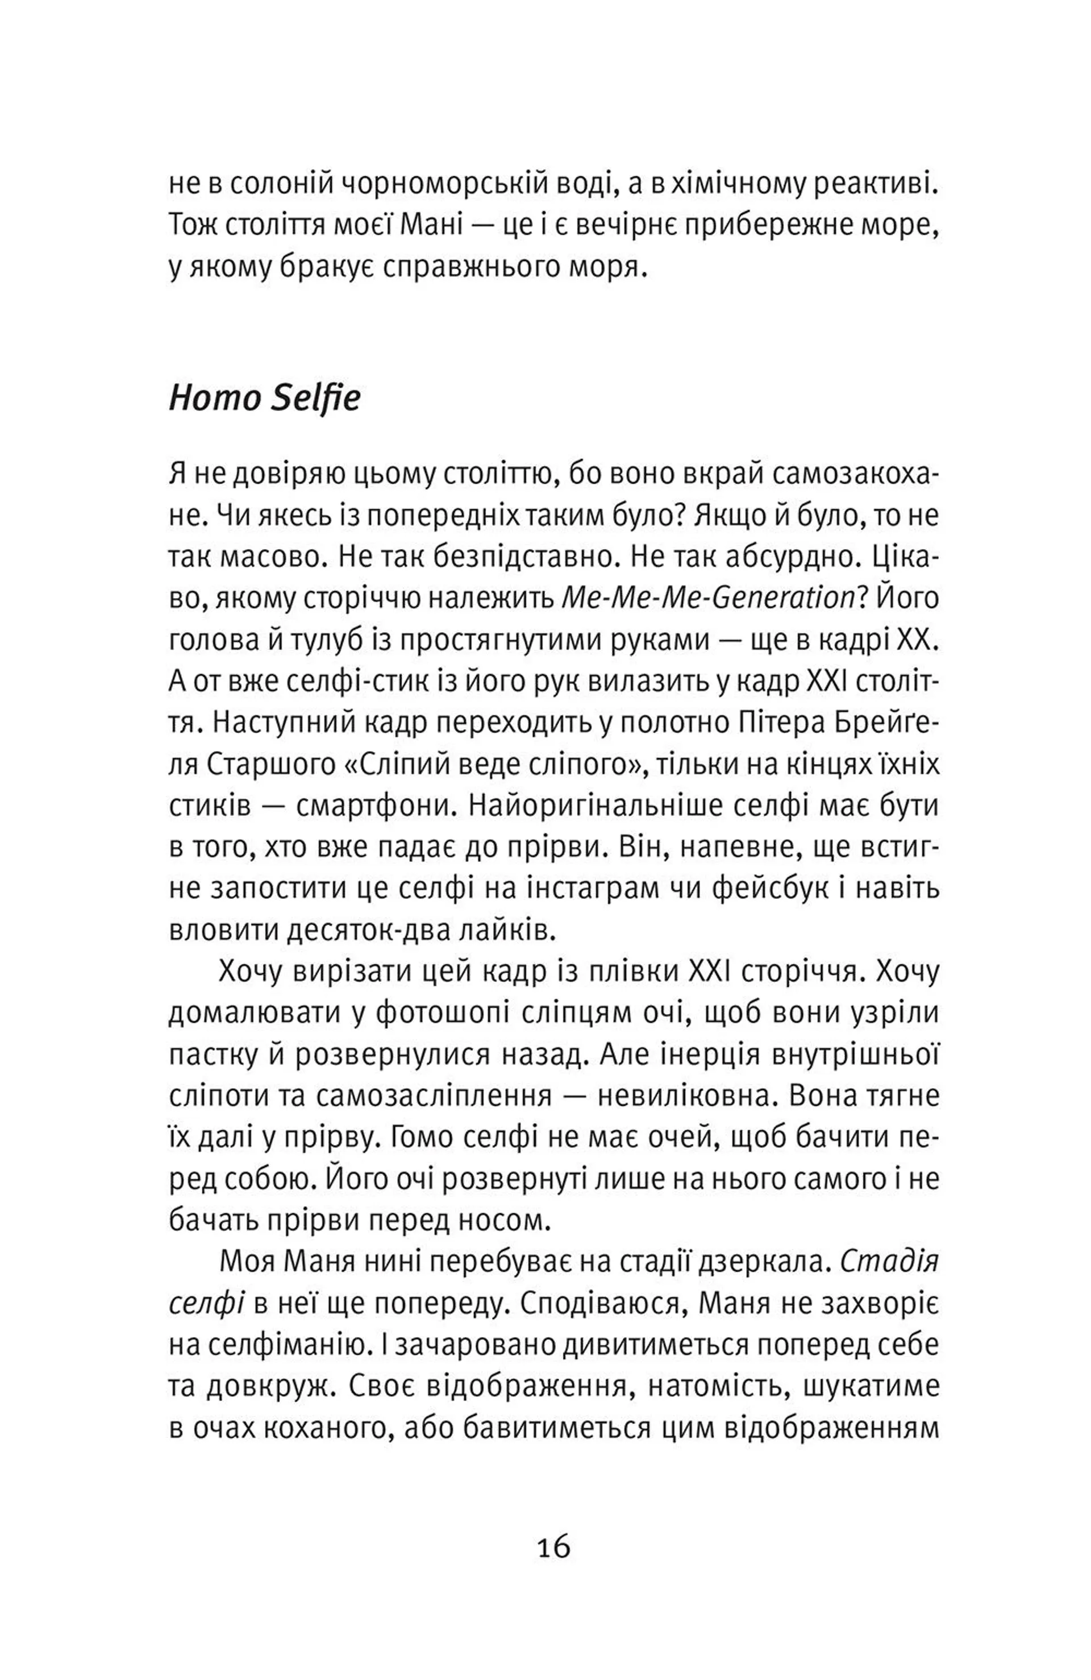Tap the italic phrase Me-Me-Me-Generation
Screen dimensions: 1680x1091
708,599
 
